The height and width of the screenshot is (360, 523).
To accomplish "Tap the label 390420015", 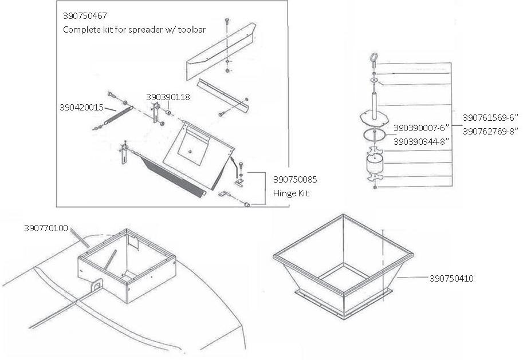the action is pos(81,106).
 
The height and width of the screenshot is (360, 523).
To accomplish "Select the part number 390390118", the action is pos(168,97).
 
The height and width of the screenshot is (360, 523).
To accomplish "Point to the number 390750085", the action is pos(295,180).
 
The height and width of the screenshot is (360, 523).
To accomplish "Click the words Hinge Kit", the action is pos(291,193).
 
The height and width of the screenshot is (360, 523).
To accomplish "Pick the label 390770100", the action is pos(46,228).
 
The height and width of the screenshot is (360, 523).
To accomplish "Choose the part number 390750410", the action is pos(451,279).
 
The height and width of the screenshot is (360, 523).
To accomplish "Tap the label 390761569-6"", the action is pos(490,117).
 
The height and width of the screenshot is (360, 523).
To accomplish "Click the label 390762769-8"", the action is pos(490,131).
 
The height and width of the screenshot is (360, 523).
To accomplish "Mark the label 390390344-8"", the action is pos(420,140).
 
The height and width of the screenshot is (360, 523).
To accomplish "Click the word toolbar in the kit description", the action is pos(192,29).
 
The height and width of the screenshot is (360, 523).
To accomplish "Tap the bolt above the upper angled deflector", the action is pos(228,21).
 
